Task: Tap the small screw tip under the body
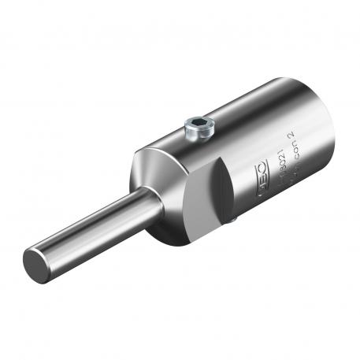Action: pos(234,224)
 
